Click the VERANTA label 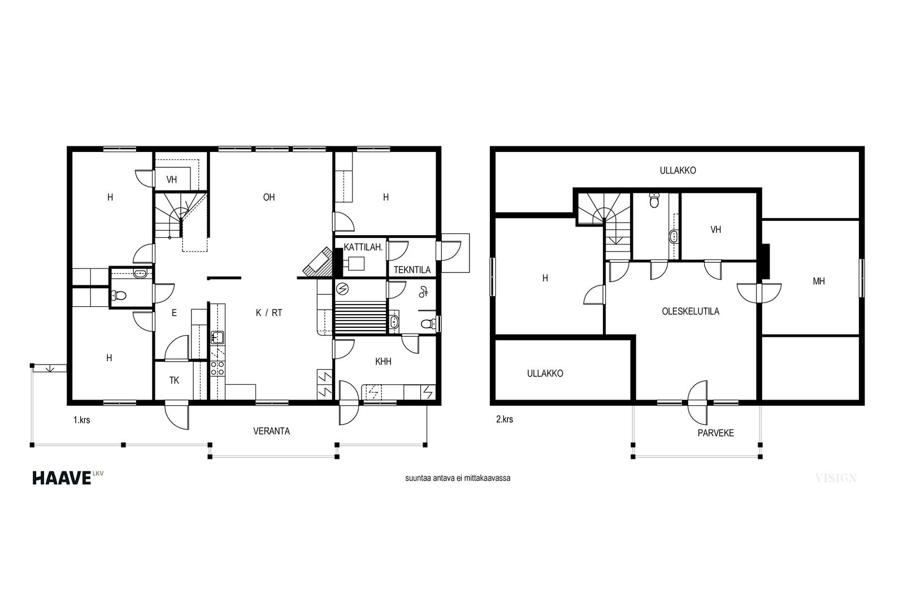(272, 431)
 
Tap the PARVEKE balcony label (715, 433)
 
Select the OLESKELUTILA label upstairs (690, 311)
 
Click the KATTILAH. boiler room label (363, 247)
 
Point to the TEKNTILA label (412, 270)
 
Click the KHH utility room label (383, 361)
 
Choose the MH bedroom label (819, 281)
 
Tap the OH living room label (269, 197)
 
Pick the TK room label (174, 380)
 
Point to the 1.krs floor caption (81, 420)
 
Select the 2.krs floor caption (505, 419)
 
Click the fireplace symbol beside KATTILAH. (318, 262)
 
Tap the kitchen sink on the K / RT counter (217, 337)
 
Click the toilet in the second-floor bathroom (654, 200)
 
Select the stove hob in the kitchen (218, 368)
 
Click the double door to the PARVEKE (698, 402)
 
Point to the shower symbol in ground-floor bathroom (423, 292)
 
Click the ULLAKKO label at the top (677, 170)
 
